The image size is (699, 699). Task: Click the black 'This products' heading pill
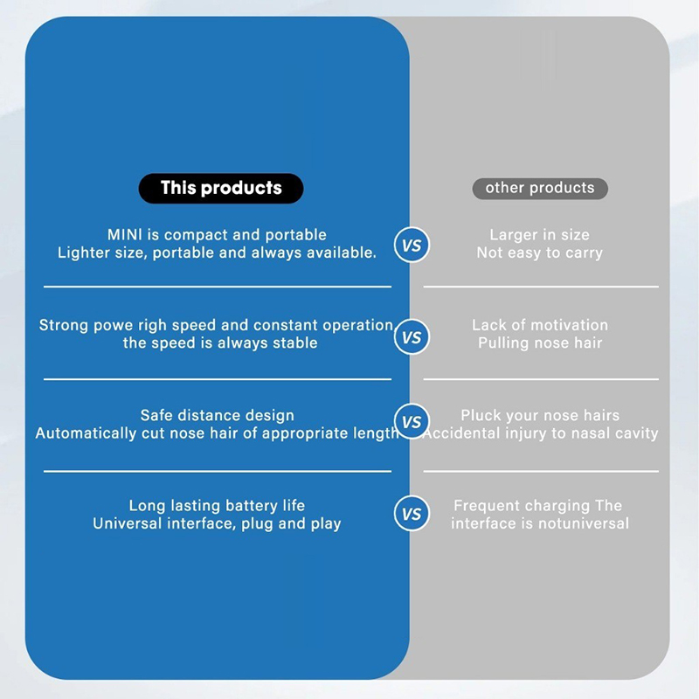(x=221, y=188)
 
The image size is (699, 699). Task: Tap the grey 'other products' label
(x=540, y=188)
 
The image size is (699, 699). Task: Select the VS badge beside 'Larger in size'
(x=411, y=246)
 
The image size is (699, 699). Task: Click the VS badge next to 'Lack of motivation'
(x=411, y=336)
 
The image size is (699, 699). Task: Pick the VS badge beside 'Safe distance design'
(x=411, y=422)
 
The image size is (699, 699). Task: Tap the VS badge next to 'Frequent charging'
(x=411, y=513)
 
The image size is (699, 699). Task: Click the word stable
(x=294, y=343)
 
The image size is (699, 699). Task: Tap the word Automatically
(x=90, y=434)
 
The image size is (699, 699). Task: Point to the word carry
(x=583, y=253)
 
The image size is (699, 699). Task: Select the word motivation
(x=564, y=325)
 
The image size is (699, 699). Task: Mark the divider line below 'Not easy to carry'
(x=541, y=287)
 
